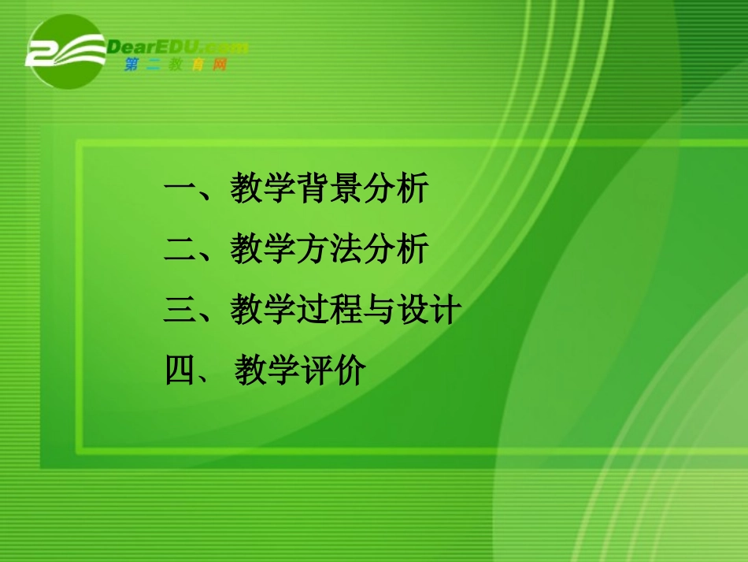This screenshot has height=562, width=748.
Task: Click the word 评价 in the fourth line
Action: (334, 370)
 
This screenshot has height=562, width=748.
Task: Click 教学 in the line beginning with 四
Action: (267, 370)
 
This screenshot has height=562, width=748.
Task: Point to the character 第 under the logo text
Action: (131, 65)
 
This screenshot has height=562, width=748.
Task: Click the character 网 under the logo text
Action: (220, 65)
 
